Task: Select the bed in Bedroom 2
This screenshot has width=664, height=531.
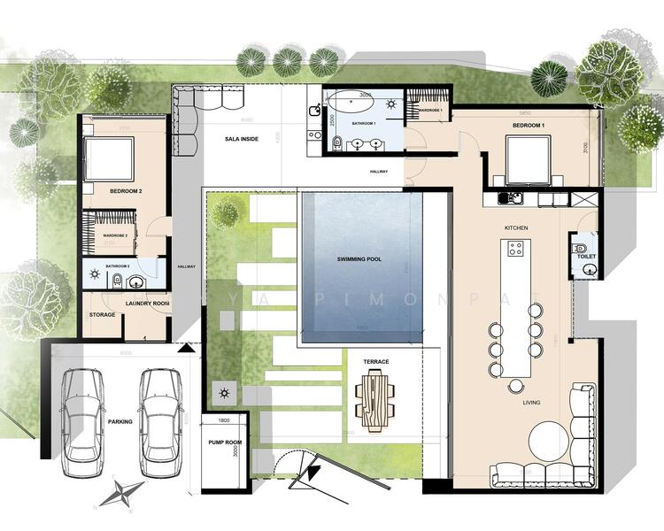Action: click(x=110, y=159)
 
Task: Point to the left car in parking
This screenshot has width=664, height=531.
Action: click(x=81, y=415)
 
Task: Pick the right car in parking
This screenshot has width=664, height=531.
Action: click(x=161, y=413)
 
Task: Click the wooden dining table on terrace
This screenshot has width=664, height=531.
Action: click(x=374, y=395)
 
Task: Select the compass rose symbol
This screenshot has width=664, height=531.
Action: click(x=122, y=492)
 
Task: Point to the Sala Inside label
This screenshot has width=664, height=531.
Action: click(x=242, y=139)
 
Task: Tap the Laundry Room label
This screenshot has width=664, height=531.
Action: click(x=148, y=304)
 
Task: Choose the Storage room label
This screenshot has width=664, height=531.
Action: click(x=102, y=314)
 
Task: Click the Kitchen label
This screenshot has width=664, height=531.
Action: click(x=516, y=227)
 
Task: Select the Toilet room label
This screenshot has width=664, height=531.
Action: click(x=587, y=257)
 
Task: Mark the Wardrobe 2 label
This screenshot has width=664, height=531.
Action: click(x=116, y=235)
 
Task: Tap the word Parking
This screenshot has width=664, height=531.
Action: click(x=120, y=421)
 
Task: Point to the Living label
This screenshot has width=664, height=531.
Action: click(x=531, y=403)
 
